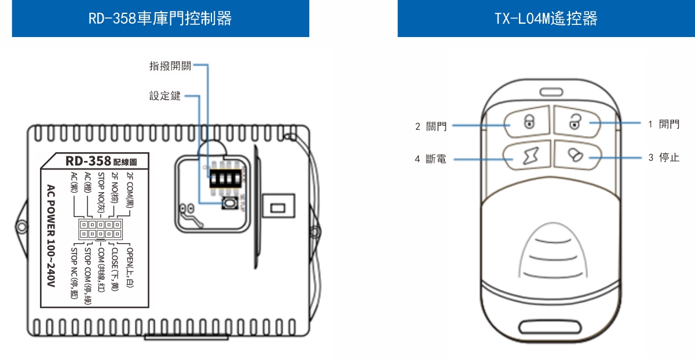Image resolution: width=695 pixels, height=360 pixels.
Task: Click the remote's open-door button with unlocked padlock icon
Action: click(x=575, y=121)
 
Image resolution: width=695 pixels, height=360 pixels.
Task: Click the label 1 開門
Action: click(x=663, y=124)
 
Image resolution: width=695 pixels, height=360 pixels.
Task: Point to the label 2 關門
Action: click(x=431, y=126)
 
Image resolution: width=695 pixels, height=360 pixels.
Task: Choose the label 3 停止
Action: click(x=663, y=157)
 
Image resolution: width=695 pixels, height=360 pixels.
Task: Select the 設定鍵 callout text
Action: click(x=165, y=96)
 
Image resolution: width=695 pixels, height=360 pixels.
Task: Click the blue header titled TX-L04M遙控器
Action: click(x=546, y=19)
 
